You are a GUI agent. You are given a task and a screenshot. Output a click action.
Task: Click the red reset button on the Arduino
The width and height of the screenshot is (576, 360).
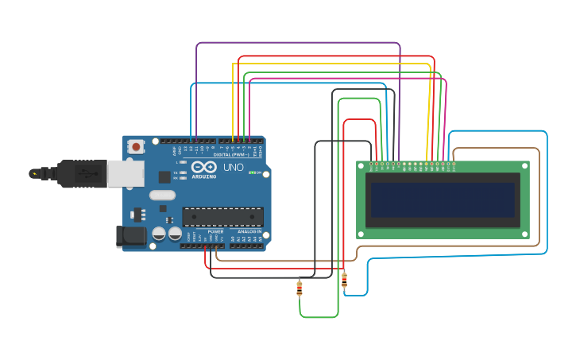click(x=137, y=146)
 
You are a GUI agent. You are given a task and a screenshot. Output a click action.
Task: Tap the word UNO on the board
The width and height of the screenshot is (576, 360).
click(x=234, y=168)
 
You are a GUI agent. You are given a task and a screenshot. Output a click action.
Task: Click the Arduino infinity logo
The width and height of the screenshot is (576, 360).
click(x=203, y=167)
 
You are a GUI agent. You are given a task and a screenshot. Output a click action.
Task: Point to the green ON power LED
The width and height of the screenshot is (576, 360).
click(x=252, y=172)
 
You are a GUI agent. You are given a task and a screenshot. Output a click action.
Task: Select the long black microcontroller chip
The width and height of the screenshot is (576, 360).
click(x=222, y=216)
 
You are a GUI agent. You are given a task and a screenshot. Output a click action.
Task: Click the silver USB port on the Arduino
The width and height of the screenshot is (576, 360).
click(x=125, y=174)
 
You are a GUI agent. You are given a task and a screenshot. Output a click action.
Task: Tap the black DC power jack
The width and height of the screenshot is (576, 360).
click(x=130, y=235)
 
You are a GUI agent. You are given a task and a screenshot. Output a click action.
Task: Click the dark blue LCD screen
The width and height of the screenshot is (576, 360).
click(x=443, y=199)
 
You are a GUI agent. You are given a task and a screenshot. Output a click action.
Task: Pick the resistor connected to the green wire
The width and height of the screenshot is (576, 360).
click(x=300, y=288)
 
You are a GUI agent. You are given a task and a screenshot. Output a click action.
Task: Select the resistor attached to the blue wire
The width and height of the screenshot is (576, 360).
click(x=344, y=280)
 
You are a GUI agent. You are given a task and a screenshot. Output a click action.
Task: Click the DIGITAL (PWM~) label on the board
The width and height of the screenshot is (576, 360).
click(x=230, y=154)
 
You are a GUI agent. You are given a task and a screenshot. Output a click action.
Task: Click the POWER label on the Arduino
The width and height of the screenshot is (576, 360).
click(x=215, y=231)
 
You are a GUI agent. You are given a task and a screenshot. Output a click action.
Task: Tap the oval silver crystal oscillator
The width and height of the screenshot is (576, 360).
click(x=162, y=195)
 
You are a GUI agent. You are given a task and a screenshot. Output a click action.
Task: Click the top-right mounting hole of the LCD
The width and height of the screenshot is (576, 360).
click(x=524, y=165)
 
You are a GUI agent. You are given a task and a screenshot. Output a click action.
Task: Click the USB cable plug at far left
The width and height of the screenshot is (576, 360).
click(x=35, y=173)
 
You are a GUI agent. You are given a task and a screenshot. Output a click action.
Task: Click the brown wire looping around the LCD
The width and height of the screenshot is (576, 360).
click(x=539, y=199)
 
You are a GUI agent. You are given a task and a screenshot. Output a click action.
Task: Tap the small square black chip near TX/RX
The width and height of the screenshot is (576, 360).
click(x=164, y=177)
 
